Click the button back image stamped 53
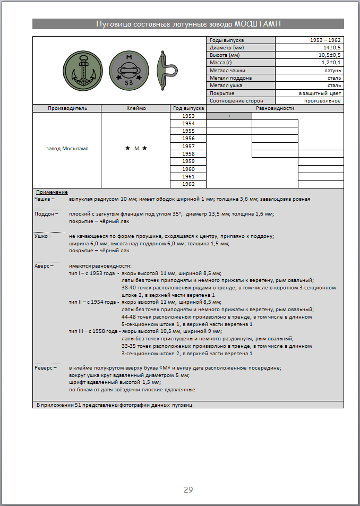coord(129,70)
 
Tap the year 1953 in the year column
coord(188,116)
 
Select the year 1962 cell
coord(188,184)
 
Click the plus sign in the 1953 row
coord(229,116)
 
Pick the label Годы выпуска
coord(223,40)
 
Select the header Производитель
coord(67,108)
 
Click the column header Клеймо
coord(136,108)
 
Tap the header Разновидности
coord(275,108)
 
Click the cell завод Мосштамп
coord(67,149)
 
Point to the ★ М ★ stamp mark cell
coord(136,149)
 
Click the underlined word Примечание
coord(52,192)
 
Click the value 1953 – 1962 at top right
coord(325,40)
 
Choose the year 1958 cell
coord(188,154)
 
